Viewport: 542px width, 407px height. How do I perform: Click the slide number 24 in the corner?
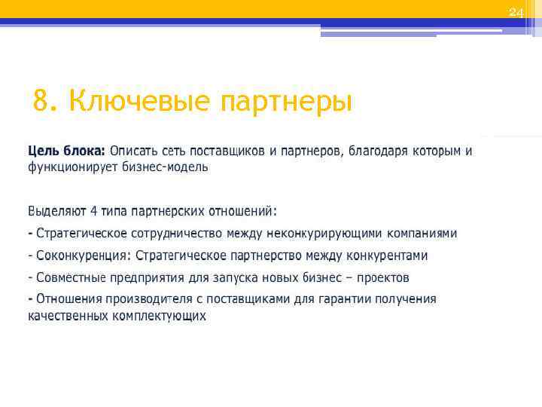tap(515, 12)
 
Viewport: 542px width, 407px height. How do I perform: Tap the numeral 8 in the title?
tap(42, 100)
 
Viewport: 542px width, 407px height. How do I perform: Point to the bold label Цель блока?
tap(67, 151)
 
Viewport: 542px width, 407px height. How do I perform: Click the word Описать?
tap(135, 151)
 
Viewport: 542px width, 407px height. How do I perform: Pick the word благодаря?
tap(377, 151)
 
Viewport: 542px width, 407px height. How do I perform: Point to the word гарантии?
tap(340, 299)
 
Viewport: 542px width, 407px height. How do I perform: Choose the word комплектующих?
tap(158, 316)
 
